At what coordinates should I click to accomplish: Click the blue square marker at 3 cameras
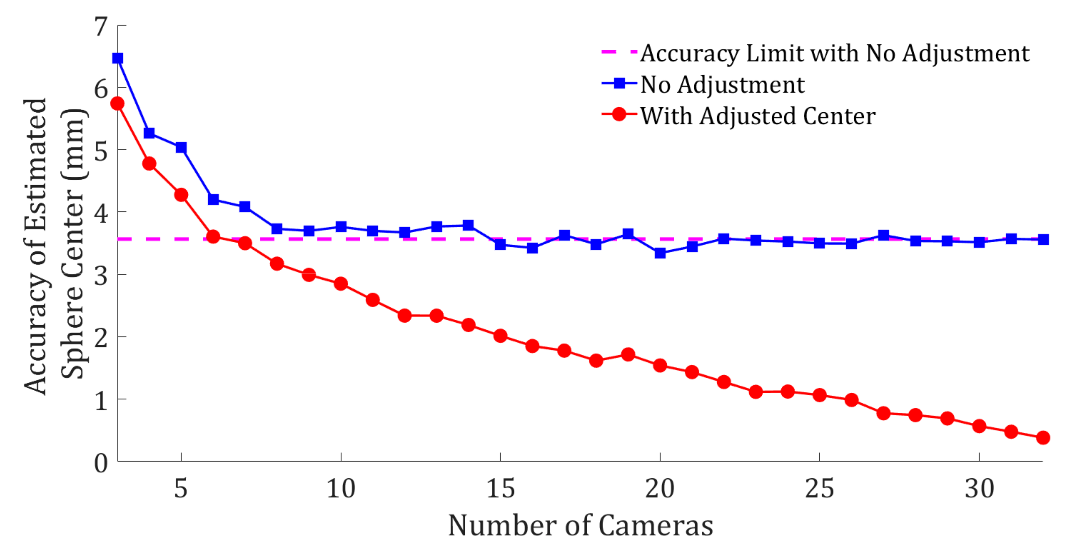[118, 58]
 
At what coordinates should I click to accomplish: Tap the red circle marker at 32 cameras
[1043, 438]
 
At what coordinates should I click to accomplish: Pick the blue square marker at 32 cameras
[1043, 239]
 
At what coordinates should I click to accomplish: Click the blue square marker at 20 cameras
[660, 253]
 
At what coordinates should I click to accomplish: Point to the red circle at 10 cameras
[341, 284]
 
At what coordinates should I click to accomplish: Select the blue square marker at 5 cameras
[181, 147]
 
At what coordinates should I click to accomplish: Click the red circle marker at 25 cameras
[820, 395]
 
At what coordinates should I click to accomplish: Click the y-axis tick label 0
[101, 463]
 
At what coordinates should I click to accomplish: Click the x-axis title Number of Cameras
[580, 526]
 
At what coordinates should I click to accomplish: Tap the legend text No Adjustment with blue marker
[722, 84]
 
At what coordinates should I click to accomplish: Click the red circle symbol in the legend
[619, 114]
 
